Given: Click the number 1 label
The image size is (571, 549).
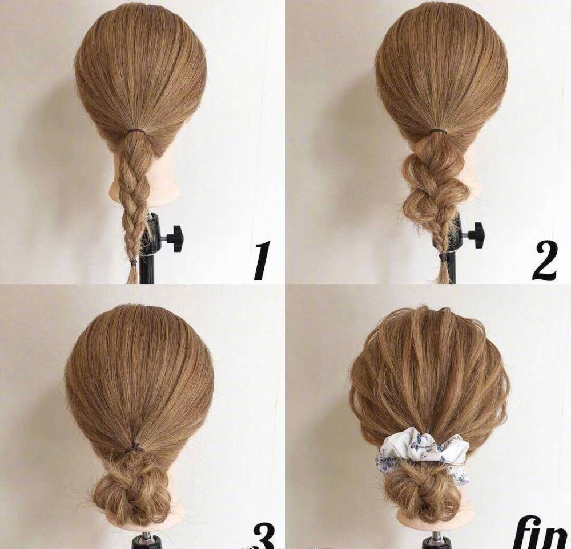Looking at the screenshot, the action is pyautogui.click(x=262, y=259).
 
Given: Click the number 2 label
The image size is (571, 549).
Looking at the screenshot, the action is pyautogui.click(x=545, y=261).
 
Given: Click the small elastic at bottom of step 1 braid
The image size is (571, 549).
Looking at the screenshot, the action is pyautogui.click(x=133, y=261).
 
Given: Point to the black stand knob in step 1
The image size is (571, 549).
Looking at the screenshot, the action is pyautogui.click(x=175, y=239).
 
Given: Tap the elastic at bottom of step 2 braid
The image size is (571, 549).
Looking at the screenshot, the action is pyautogui.click(x=444, y=257).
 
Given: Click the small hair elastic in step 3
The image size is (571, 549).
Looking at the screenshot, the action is pyautogui.click(x=134, y=448).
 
